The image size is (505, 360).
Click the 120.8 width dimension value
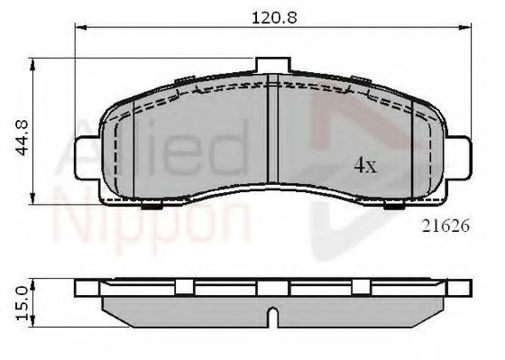point(274,18)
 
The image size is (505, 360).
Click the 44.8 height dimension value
point(23,138)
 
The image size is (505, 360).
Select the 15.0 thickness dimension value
point(23,304)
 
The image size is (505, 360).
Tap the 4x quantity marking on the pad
point(365,166)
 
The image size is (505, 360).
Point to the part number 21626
point(446,226)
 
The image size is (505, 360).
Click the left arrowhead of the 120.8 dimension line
point(79,28)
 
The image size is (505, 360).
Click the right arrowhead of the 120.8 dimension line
point(465,28)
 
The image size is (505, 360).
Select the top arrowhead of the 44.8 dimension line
point(32,64)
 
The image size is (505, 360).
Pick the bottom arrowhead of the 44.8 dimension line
point(32,198)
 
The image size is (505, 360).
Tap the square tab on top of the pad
point(273,65)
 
